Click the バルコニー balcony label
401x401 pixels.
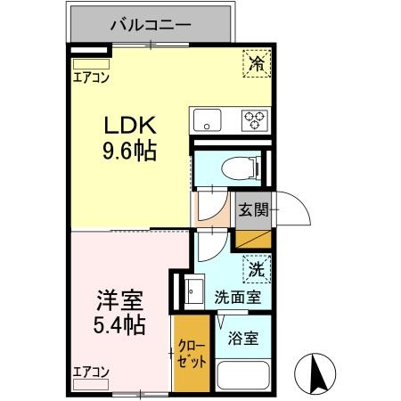coord(151,24)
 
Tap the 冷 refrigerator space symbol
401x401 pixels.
coord(256,63)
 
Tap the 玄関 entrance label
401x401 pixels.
coord(253,210)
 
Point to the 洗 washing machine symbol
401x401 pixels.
coord(256,268)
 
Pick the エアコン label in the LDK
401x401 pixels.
coord(91,77)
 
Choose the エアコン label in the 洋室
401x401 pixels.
coord(91,372)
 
